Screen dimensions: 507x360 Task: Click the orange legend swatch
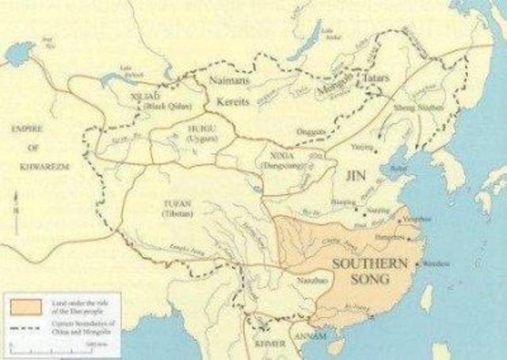21,302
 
